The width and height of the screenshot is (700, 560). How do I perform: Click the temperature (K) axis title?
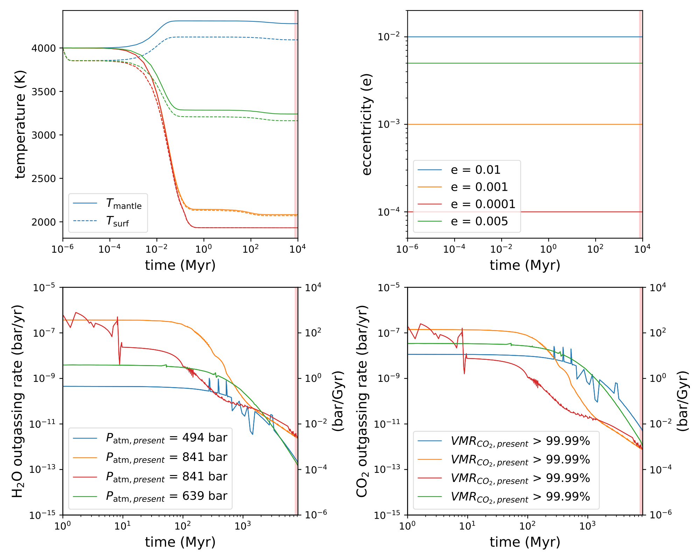tap(20, 125)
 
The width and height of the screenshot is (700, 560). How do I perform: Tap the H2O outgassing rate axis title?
tap(17, 401)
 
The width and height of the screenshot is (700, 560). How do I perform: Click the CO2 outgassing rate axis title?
tap(362, 401)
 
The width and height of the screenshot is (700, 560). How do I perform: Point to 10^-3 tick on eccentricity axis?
tap(390, 124)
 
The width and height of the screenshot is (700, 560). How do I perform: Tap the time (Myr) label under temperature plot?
tap(180, 265)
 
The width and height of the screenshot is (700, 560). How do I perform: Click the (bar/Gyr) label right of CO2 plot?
tap(682, 401)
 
